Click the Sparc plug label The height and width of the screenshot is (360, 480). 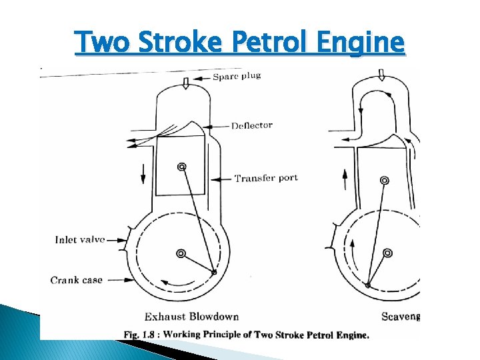click(237, 75)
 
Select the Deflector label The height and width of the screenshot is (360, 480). click(252, 125)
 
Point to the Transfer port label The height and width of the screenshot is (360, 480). click(266, 178)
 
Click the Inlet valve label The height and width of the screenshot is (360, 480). click(80, 240)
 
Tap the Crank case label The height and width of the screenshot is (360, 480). click(77, 280)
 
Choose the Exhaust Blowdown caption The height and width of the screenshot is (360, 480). click(191, 316)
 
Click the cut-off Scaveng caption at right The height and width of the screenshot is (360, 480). click(401, 316)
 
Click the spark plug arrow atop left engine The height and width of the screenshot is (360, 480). click(187, 82)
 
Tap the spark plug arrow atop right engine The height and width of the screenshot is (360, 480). click(381, 75)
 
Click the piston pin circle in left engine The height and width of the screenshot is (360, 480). click(181, 167)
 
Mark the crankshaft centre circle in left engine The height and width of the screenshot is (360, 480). click(181, 253)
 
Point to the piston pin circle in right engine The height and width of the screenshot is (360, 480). click(384, 181)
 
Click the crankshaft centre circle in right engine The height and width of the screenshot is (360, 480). click(387, 253)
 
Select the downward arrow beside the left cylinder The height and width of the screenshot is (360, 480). click(143, 173)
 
